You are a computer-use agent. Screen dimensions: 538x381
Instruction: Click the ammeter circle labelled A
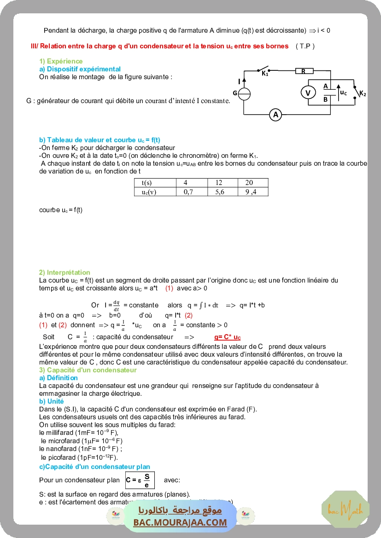click(275, 115)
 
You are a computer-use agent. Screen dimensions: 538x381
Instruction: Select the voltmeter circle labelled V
click(308, 93)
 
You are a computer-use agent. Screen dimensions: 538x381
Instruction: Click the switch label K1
click(265, 74)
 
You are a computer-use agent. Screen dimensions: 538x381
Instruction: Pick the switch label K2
click(363, 93)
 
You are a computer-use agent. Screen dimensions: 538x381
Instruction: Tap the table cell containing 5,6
click(220, 192)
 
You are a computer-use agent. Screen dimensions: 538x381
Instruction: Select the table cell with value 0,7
click(188, 192)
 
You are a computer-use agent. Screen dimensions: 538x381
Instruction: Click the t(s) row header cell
click(149, 183)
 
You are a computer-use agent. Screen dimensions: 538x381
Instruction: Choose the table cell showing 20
click(249, 183)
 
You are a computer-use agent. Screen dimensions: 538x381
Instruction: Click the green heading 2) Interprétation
click(64, 272)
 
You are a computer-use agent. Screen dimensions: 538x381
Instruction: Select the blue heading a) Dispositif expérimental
click(80, 69)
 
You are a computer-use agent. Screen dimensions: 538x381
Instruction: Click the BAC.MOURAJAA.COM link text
click(180, 522)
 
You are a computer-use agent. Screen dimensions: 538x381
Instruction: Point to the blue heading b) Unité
click(52, 401)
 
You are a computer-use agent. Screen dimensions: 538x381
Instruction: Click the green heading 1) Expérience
click(61, 61)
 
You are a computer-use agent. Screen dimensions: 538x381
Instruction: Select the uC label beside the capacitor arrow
click(343, 93)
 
